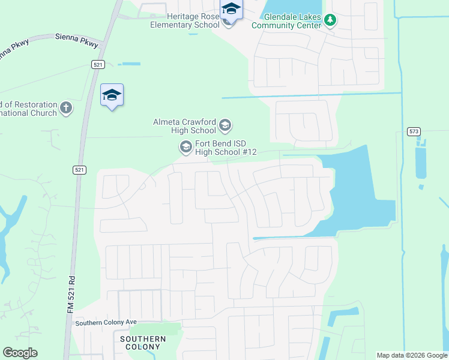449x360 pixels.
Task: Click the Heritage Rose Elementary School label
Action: [184, 20]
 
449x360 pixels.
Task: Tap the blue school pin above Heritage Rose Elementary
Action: [231, 9]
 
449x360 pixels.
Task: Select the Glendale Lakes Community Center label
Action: [286, 21]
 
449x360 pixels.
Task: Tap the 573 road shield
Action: [413, 131]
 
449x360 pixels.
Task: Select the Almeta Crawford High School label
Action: [184, 126]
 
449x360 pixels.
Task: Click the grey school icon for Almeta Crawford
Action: [225, 125]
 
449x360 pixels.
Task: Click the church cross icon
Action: [66, 109]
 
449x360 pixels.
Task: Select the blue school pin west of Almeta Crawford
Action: [112, 95]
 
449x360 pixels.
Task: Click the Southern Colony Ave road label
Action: [101, 323]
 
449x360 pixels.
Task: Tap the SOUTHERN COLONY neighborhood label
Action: [143, 343]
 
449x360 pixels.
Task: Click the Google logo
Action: [20, 353]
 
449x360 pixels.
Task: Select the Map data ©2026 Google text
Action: [412, 355]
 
